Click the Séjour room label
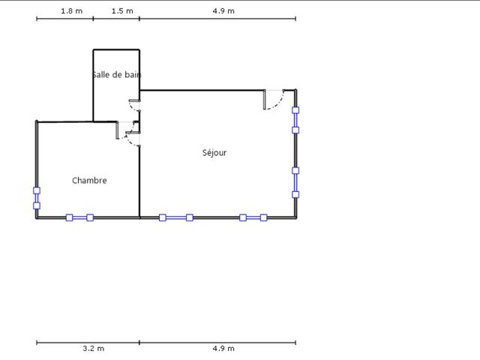click(214, 152)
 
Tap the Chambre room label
click(89, 180)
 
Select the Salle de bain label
click(117, 75)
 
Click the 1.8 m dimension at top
click(72, 11)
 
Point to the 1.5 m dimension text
click(122, 11)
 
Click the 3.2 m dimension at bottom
click(93, 348)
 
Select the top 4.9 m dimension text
click(223, 11)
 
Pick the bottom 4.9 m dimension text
click(223, 348)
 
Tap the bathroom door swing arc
click(132, 108)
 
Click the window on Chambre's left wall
click(37, 198)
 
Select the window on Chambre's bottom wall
click(79, 217)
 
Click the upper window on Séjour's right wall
click(295, 120)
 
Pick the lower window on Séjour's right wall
click(295, 182)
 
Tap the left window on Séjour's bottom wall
click(176, 217)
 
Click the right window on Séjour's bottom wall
click(253, 217)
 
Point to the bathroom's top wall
click(116, 49)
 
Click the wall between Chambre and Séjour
click(139, 181)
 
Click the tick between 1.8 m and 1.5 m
click(93, 19)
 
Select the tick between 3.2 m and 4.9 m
click(139, 343)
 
